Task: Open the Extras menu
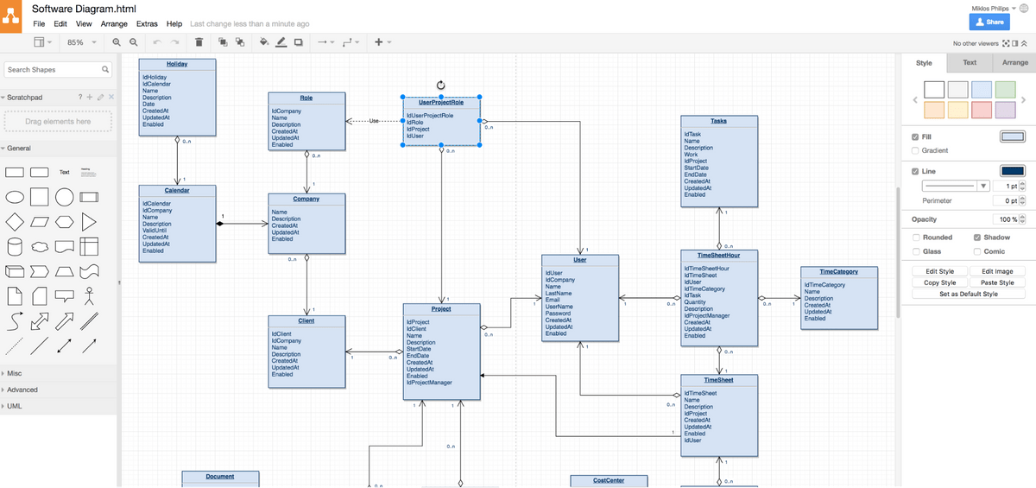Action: tap(147, 24)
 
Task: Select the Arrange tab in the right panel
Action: tap(1014, 63)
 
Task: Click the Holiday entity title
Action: tap(176, 64)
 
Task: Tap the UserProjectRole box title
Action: tap(441, 102)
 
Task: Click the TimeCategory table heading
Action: tap(838, 272)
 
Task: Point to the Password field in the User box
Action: tap(558, 314)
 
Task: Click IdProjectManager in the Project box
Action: tap(429, 383)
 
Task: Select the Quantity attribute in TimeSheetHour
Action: tap(695, 302)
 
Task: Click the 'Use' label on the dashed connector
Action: tap(374, 121)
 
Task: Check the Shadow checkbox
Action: tap(976, 238)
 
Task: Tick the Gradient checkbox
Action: tap(916, 151)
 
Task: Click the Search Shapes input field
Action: tap(54, 69)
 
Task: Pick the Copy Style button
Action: tap(939, 282)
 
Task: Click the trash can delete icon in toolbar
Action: tap(199, 42)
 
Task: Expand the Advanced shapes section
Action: tap(22, 390)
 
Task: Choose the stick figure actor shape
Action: tap(88, 297)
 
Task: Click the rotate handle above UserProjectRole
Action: tap(441, 85)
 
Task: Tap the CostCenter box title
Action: tap(609, 480)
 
